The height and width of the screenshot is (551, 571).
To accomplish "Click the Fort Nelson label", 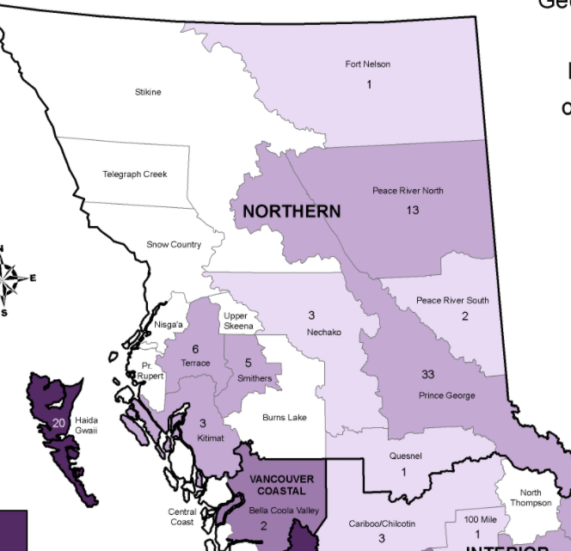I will click(x=369, y=64).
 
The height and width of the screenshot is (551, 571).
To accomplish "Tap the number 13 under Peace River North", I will click(x=413, y=210).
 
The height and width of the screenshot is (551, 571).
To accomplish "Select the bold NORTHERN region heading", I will click(x=292, y=211).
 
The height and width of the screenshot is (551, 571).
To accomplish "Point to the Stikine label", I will click(x=148, y=92).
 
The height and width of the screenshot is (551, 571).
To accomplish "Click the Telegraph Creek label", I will click(x=135, y=174).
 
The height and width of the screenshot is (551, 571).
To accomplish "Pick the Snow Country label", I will click(x=174, y=245).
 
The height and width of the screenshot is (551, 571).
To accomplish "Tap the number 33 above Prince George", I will click(x=427, y=374).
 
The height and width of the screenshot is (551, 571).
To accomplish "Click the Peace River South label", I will click(x=452, y=301).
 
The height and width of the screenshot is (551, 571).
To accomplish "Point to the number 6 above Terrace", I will click(x=195, y=348).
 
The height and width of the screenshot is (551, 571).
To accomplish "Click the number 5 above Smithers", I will click(x=248, y=363).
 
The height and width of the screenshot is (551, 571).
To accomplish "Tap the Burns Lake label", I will click(x=285, y=418).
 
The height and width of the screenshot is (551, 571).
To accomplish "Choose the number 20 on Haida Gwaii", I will click(x=58, y=423).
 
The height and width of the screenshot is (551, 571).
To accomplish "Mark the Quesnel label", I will click(x=404, y=456).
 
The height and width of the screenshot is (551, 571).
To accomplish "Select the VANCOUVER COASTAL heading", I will click(x=281, y=485).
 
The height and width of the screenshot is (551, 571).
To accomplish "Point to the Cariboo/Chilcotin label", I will click(x=382, y=523).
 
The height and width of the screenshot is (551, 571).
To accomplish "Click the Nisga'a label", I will click(x=169, y=325).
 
